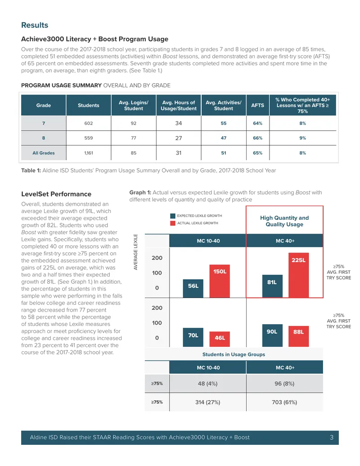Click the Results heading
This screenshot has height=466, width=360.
35,25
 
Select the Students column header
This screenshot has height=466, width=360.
88,105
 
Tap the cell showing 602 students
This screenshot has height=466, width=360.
88,123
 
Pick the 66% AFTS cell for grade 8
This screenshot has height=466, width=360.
257,138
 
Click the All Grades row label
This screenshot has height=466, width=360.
43,153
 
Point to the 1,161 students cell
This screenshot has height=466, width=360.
88,153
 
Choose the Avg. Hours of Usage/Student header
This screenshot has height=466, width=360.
179,105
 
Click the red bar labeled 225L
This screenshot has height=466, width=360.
298,275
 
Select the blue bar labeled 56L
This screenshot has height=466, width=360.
193,288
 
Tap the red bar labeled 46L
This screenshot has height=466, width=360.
220,339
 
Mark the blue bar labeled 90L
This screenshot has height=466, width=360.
272,335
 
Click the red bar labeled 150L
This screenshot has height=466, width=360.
220,281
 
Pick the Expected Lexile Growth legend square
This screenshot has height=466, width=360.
172,216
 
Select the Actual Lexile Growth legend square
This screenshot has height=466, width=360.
172,223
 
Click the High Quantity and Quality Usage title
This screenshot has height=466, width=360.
284,221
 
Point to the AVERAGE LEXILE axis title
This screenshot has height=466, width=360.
136,252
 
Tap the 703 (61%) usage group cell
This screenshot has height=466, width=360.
284,402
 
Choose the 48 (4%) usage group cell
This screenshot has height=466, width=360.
207,383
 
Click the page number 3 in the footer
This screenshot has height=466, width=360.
332,438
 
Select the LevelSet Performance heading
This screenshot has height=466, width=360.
56,194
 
